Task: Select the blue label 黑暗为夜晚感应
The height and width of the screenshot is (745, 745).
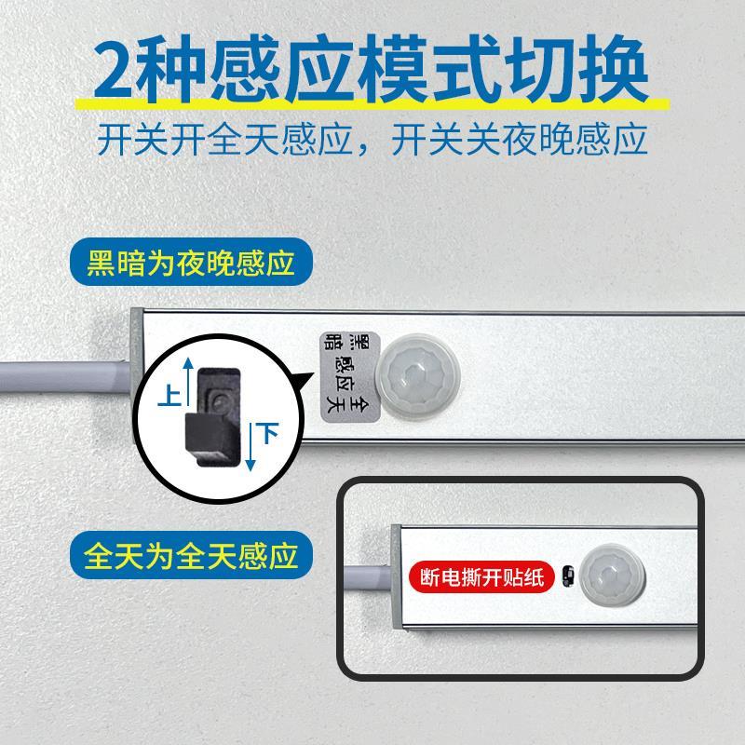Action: (190, 264)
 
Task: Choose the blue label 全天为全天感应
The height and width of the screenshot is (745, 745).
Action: (190, 557)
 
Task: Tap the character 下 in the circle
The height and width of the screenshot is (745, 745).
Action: (268, 433)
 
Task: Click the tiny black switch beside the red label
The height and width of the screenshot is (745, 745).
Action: (566, 578)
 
